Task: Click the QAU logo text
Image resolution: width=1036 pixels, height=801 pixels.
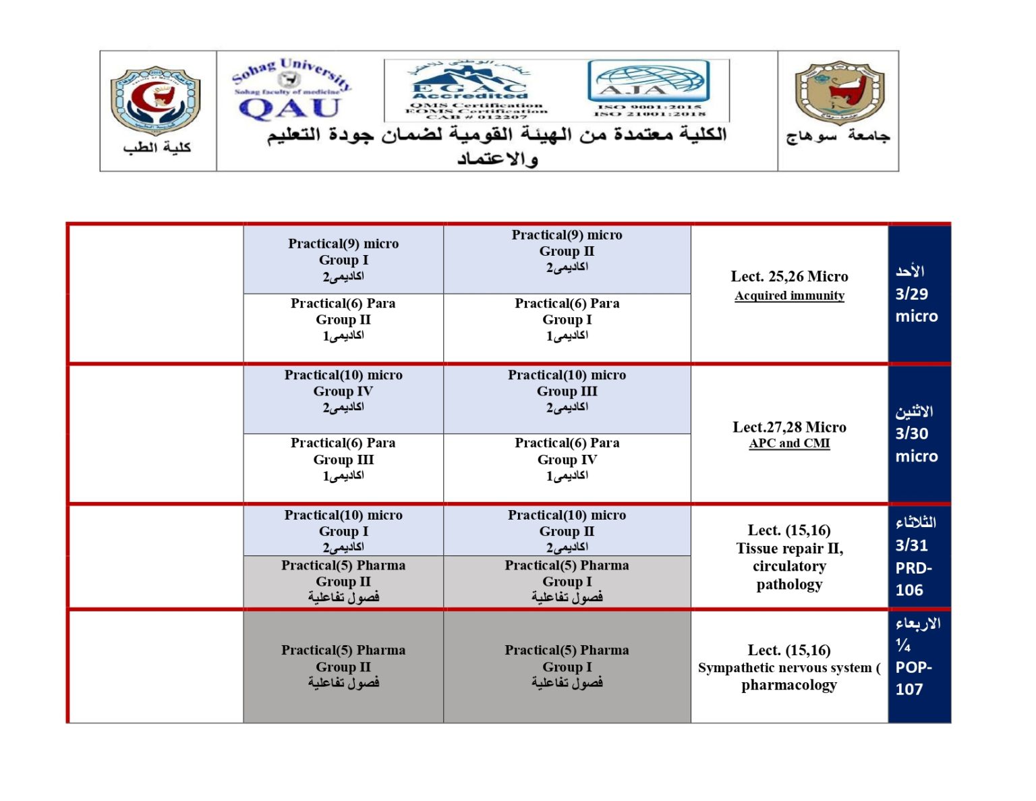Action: [x=290, y=108]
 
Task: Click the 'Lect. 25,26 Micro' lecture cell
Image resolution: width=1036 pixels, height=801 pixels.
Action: [x=789, y=277]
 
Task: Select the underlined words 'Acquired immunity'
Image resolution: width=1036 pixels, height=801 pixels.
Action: [x=789, y=296]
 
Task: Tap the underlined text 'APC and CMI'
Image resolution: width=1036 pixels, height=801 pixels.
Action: [x=789, y=443]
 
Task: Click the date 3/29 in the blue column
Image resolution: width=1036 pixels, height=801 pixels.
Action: [x=911, y=294]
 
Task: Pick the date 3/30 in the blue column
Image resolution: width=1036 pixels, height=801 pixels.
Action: [x=911, y=434]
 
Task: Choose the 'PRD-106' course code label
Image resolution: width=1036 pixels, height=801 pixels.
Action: [x=913, y=579]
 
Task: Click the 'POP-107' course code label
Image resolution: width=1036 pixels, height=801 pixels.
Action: [x=913, y=678]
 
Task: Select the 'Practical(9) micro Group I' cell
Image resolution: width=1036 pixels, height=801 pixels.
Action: [x=343, y=260]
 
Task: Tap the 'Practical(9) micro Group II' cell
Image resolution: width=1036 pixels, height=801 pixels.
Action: [x=567, y=251]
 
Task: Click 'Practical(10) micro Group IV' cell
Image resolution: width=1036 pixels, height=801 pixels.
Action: [x=343, y=391]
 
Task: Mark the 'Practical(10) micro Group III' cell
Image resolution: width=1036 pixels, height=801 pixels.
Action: [x=567, y=391]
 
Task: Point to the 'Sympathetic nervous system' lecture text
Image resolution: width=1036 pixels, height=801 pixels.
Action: [x=785, y=668]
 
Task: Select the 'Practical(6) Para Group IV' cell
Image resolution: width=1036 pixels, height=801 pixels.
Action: [x=567, y=460]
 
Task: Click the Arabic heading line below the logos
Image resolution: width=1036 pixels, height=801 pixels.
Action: [x=497, y=135]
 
